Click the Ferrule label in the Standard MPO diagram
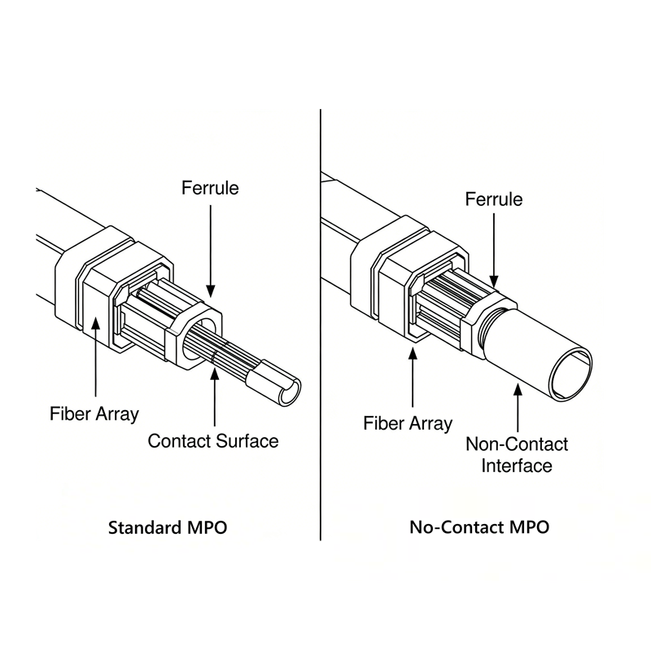coord(210,188)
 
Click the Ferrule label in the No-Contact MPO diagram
coord(494,199)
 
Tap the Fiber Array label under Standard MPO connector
coord(95,413)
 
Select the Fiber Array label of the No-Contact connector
coord(408,423)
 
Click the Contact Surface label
coord(213,441)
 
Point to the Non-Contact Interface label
coord(517,455)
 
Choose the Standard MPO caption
coord(168,527)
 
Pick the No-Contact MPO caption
coord(479,527)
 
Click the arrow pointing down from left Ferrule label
coord(210,248)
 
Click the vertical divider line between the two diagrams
coord(321,325)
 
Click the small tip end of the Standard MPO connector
coord(285,391)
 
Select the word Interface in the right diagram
coord(517,465)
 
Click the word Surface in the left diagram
coord(247,441)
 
